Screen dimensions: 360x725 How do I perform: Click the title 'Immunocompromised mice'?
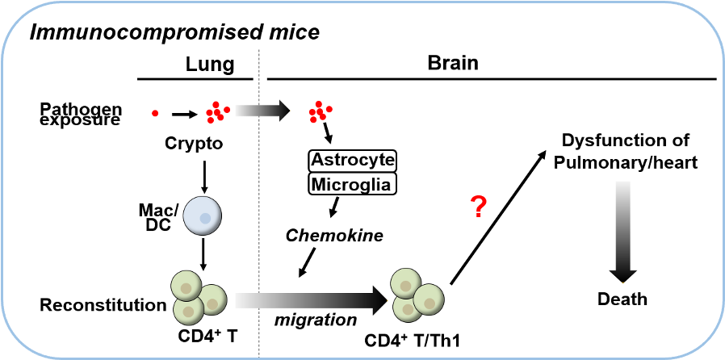pos(174,33)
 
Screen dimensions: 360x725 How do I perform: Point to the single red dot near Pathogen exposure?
pos(155,113)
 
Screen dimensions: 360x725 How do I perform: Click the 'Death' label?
pos(622,299)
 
